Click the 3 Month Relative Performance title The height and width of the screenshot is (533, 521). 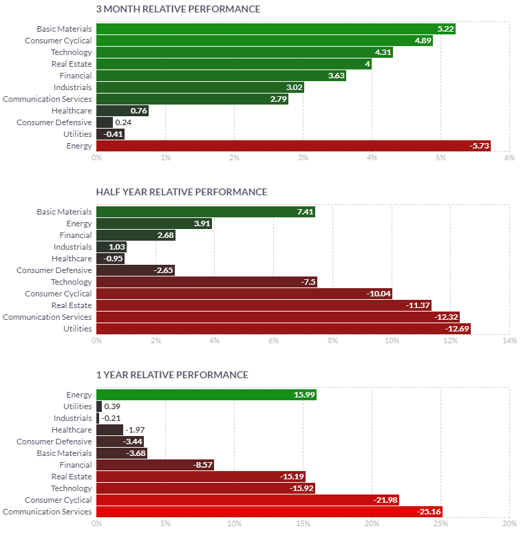coord(178,9)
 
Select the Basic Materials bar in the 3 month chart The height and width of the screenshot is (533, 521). coord(275,29)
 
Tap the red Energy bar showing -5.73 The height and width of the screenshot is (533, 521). coord(293,146)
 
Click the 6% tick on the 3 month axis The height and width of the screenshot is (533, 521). coord(509,158)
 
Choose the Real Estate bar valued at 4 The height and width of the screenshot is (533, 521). coord(234,64)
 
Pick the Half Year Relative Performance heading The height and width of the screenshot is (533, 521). coord(182,192)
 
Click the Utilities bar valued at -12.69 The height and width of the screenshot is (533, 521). coord(284,329)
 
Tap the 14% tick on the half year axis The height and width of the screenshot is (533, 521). coord(509,341)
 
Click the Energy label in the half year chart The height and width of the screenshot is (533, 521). coord(79,224)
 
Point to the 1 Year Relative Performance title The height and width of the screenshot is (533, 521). coord(172,375)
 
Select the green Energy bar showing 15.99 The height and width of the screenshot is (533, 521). coord(206,395)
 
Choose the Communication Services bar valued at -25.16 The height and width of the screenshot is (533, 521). coord(269,512)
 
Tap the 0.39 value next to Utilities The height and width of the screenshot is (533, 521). coord(112,406)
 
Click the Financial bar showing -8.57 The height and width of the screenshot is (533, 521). coord(155,465)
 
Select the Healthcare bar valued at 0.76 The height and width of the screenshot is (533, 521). coord(123,111)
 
